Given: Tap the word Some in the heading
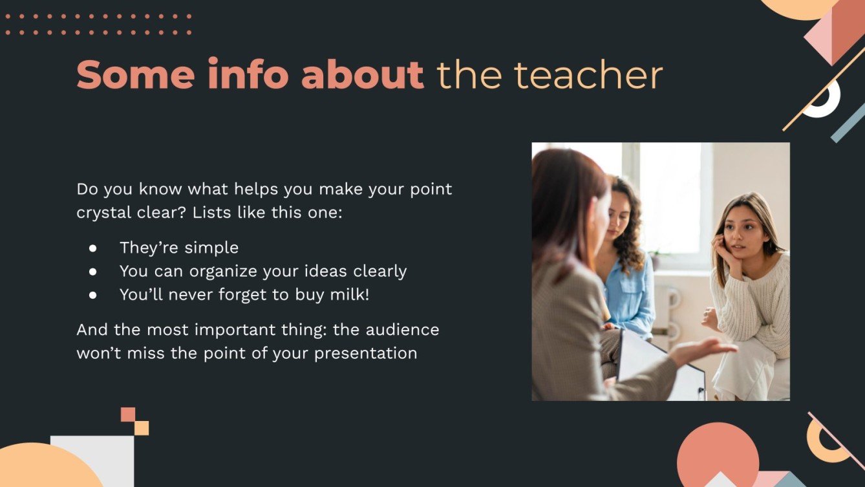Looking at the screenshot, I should [135, 75].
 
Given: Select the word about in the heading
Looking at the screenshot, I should [362, 75].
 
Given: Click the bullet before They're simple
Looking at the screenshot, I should [93, 248].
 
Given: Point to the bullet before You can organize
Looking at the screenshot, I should [93, 272].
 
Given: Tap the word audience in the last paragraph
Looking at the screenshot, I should [402, 330].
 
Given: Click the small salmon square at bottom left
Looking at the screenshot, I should [128, 414].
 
